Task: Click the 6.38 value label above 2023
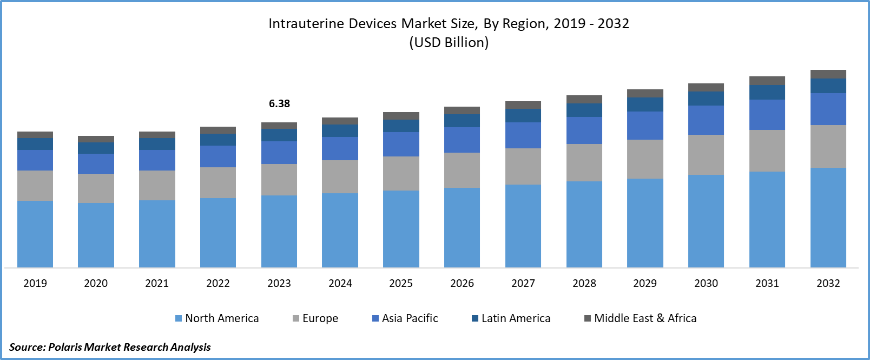[x=279, y=103]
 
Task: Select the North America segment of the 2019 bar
[x=35, y=234]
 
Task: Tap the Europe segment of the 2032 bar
[x=828, y=146]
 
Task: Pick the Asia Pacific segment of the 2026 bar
[x=462, y=140]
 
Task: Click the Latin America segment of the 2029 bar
[x=645, y=104]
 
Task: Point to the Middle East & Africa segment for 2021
[x=157, y=135]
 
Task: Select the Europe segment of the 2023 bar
[x=279, y=180]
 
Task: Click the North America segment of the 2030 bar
[x=706, y=221]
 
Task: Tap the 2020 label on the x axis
[x=96, y=283]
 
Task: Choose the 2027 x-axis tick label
[x=523, y=283]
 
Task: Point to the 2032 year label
[x=828, y=283]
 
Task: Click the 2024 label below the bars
[x=340, y=283]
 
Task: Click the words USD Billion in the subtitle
[x=449, y=42]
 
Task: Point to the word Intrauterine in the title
[x=306, y=24]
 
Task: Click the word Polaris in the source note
[x=65, y=347]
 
